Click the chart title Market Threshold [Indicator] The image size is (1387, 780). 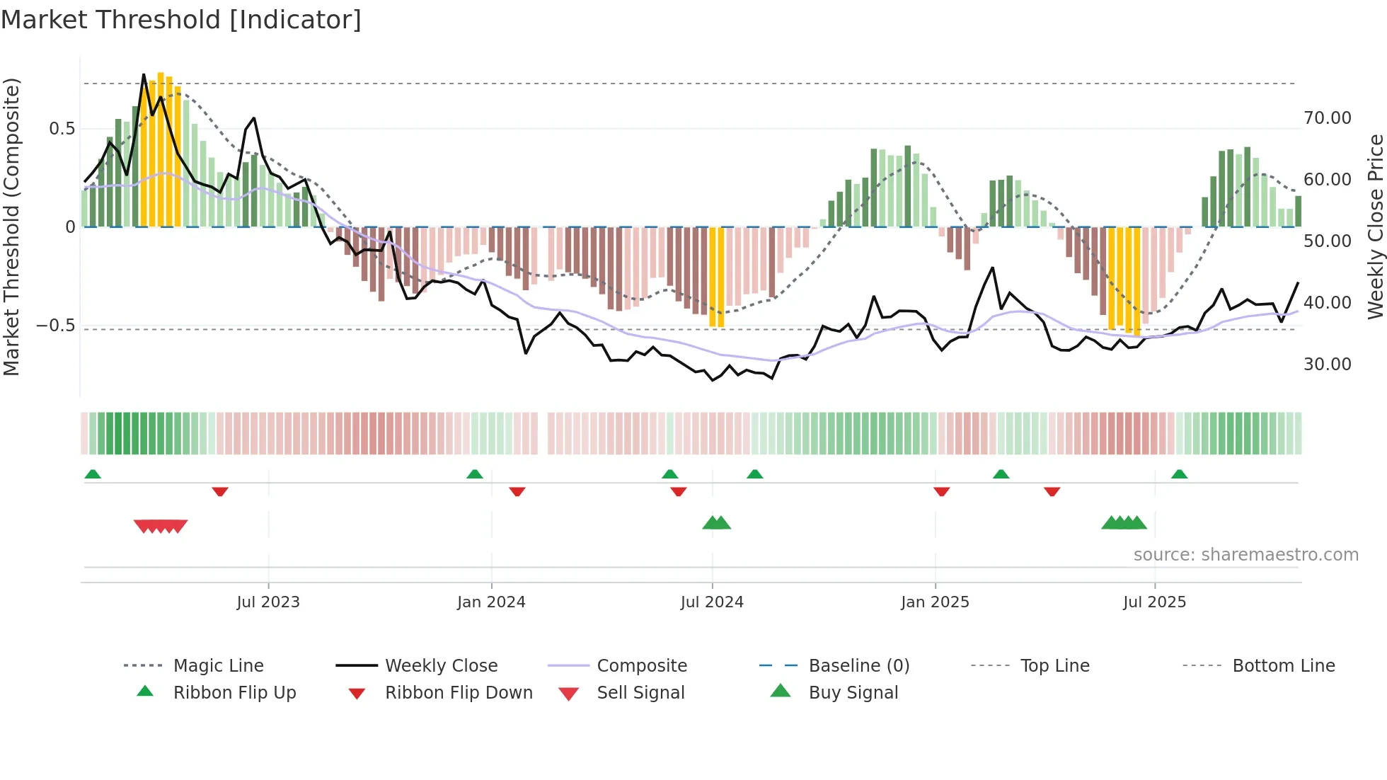(x=181, y=20)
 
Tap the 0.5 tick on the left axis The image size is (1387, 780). (x=62, y=129)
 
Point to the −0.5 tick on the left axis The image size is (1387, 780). (x=56, y=326)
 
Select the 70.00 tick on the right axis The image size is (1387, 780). (x=1327, y=118)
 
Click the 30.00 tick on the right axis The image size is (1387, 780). (x=1327, y=365)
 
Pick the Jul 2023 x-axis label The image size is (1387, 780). (x=268, y=602)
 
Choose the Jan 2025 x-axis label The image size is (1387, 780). (x=935, y=602)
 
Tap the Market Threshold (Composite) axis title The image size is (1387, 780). (x=11, y=226)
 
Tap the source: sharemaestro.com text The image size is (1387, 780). (x=1245, y=555)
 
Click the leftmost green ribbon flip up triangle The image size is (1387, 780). (x=93, y=474)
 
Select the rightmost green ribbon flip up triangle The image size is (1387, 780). (x=1179, y=474)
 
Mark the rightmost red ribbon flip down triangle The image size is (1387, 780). (x=1052, y=491)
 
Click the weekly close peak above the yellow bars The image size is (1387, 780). (x=144, y=74)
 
